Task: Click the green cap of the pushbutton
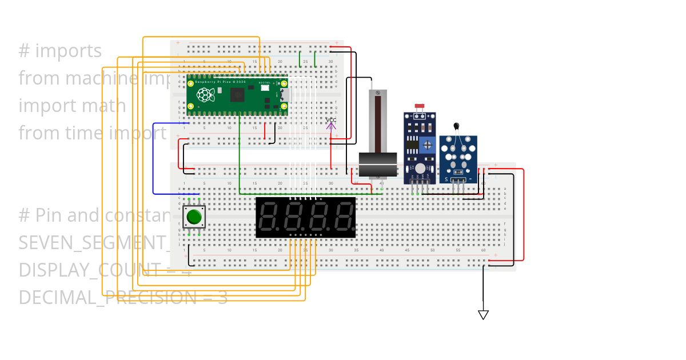pyautogui.click(x=194, y=217)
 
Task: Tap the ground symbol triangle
pyautogui.click(x=483, y=315)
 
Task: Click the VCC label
pyautogui.click(x=331, y=119)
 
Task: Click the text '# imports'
pyautogui.click(x=60, y=51)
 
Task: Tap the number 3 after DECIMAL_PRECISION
pyautogui.click(x=222, y=298)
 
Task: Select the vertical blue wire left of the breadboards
pyautogui.click(x=153, y=158)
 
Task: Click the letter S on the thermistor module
pyautogui.click(x=446, y=179)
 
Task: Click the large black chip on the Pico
pyautogui.click(x=237, y=94)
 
